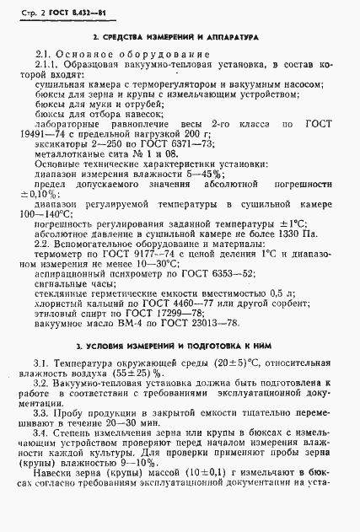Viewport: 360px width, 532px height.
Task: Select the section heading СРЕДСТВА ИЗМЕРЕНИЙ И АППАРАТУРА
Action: (175, 40)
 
